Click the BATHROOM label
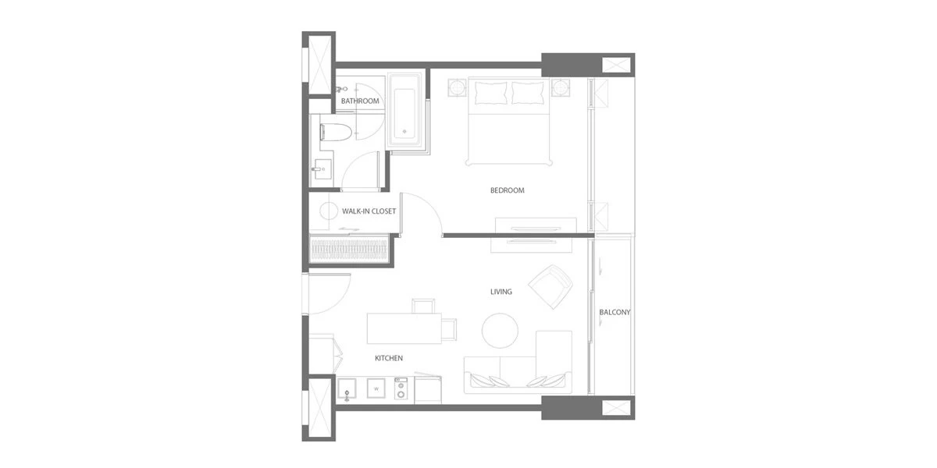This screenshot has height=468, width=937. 360,101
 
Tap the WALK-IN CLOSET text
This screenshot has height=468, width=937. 369,211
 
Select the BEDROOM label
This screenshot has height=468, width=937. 507,190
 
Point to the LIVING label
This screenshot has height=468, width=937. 501,292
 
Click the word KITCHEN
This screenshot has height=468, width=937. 389,358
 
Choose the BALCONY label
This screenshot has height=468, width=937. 615,312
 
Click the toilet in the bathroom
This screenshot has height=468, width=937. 335,132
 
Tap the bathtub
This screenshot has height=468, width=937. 404,110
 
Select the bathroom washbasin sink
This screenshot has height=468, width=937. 322,168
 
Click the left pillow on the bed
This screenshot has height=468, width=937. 490,92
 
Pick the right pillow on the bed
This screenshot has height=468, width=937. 528,92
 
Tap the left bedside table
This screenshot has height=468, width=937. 457,87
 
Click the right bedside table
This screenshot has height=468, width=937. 560,87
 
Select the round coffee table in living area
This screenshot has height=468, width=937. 500,331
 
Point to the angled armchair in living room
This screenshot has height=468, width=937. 550,287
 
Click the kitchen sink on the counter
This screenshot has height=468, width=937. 347,389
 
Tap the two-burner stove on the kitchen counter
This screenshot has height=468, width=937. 401,388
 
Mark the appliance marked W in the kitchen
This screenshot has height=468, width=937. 376,388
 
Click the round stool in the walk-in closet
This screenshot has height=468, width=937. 329,211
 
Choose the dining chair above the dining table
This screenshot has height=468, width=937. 423,306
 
